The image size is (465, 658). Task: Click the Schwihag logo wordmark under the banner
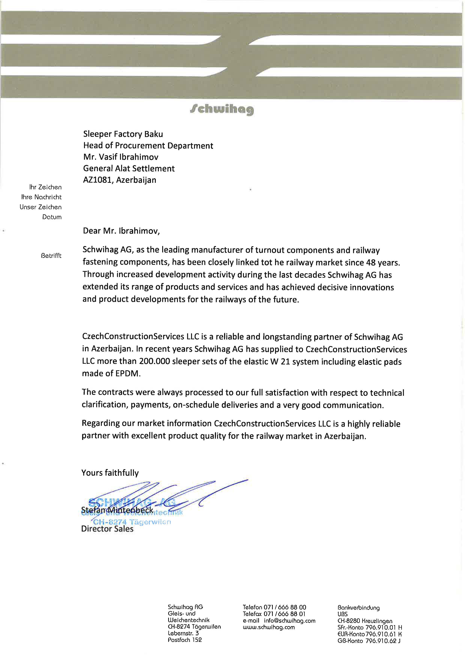pos(222,109)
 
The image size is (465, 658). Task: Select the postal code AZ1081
pos(98,180)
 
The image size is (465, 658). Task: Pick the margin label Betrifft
pos(51,256)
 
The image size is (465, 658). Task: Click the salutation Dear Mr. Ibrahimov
pos(121,231)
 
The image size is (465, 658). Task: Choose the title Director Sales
pos(107,529)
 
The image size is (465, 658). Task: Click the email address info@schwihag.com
pos(289,621)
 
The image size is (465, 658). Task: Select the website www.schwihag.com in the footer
pos(268,627)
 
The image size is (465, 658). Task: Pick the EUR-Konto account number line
pos(369,634)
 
